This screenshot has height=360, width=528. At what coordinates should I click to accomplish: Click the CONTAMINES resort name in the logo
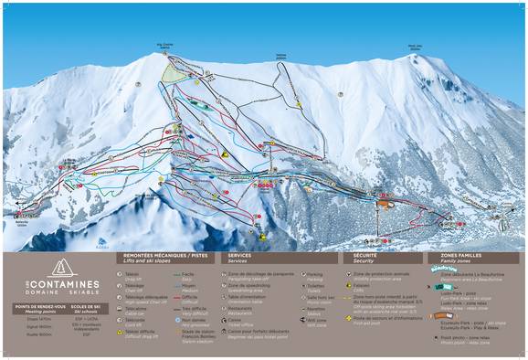point(65,284)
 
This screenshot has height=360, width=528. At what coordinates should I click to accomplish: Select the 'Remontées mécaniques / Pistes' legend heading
point(160,257)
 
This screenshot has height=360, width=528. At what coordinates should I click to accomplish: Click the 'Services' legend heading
point(239,257)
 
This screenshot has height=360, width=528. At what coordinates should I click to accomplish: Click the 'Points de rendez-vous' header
point(39,307)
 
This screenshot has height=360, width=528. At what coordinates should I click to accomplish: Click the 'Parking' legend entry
point(315,274)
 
